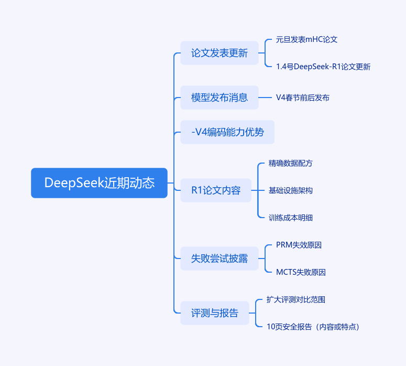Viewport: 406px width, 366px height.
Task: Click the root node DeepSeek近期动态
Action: click(99, 183)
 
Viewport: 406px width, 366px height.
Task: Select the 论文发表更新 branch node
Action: click(220, 53)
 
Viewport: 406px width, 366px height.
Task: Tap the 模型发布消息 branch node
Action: click(220, 98)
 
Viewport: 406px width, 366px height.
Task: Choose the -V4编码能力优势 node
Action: click(227, 133)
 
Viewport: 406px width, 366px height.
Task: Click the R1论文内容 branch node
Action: click(216, 190)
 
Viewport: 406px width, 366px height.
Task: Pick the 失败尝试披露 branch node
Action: click(220, 259)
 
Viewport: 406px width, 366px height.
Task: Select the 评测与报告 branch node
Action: click(215, 313)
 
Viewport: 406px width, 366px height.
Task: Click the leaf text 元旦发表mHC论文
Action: click(303, 39)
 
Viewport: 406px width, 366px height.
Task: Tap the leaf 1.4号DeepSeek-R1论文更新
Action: click(323, 67)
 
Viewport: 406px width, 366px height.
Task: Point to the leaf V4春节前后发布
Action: click(303, 98)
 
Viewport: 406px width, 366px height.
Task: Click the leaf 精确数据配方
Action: click(291, 163)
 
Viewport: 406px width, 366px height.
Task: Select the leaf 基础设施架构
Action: click(291, 190)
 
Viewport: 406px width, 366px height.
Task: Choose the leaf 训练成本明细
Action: click(291, 218)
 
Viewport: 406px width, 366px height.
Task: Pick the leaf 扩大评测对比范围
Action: click(296, 299)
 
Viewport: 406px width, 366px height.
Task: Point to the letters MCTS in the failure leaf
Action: click(286, 272)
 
